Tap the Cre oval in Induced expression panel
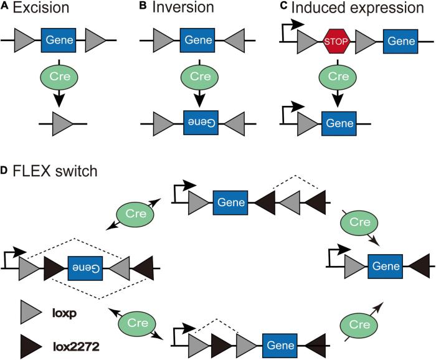(x=338, y=77)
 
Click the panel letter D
(x=4, y=169)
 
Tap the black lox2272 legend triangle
(x=31, y=341)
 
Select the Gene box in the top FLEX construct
(x=230, y=202)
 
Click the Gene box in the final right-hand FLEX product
(x=386, y=265)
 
